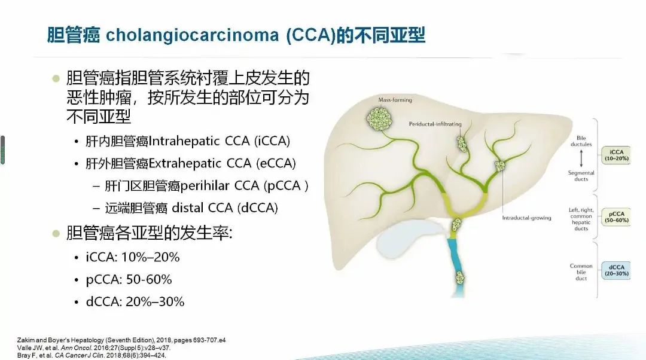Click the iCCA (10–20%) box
coord(616,155)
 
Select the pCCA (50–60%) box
coord(616,217)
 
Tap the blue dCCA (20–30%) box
coord(616,270)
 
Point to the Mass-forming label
coord(395,100)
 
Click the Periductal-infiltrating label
coord(435,124)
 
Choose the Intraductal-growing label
coord(526,218)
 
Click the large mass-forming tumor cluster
coord(379,118)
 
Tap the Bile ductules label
coord(581,141)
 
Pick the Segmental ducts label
coord(581,176)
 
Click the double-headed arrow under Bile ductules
coord(581,158)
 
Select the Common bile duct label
coord(581,272)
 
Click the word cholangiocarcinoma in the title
coord(193,35)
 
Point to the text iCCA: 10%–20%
coord(133,257)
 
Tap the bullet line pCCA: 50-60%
coord(129,280)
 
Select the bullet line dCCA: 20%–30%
coord(135,302)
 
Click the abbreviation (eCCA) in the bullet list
coord(276,163)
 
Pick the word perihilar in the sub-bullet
coord(205,186)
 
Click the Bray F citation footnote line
coord(92,355)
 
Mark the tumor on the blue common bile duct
coord(460,277)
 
